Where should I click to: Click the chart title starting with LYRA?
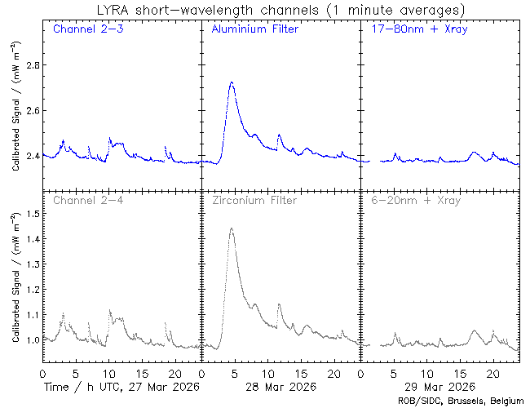[x=280, y=10]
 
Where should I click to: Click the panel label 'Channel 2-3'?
[x=87, y=30]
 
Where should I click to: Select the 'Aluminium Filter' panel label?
[x=254, y=30]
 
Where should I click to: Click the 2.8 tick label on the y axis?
[x=30, y=65]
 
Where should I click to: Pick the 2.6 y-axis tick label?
[x=30, y=111]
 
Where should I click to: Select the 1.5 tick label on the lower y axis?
[x=30, y=214]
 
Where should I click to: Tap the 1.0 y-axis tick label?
[x=30, y=340]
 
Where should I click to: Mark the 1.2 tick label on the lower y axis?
[x=30, y=290]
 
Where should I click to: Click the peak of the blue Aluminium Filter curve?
[x=232, y=82]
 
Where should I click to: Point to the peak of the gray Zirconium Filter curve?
[x=232, y=228]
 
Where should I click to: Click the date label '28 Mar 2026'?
[x=280, y=386]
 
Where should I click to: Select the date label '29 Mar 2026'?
[x=439, y=386]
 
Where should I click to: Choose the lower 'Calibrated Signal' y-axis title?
[x=16, y=277]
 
